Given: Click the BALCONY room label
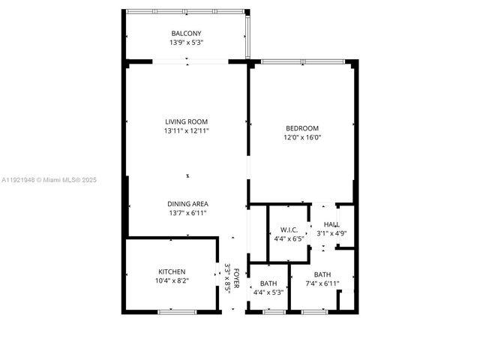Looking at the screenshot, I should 186,34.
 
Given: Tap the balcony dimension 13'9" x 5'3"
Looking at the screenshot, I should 186,43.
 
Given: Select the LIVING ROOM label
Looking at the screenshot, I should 187,121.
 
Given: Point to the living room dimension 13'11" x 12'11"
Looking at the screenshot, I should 187,130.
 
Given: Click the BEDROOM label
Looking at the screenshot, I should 301,128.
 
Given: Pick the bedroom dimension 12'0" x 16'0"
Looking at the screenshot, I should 301,137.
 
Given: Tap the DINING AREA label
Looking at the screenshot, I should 187,204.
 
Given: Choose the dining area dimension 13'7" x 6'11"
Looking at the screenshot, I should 187,213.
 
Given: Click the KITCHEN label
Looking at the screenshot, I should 172,271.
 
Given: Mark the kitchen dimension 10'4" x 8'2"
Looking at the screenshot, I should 172,280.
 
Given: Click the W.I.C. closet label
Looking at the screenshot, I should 289,229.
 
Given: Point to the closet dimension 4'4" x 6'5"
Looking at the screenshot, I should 289,238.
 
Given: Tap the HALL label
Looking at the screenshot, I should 331,225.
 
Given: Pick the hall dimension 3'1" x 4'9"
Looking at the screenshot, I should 331,234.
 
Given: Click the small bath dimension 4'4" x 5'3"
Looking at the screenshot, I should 268,292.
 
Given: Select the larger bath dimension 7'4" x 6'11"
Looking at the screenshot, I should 322,283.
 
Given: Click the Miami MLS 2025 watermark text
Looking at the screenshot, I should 49,180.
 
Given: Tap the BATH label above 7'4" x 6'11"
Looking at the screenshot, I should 322,274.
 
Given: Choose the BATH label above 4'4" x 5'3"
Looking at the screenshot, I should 268,283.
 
